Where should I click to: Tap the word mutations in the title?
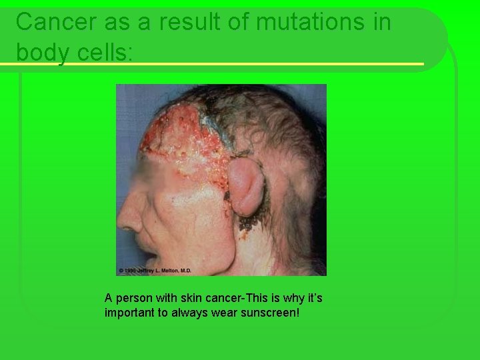click(x=302, y=21)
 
